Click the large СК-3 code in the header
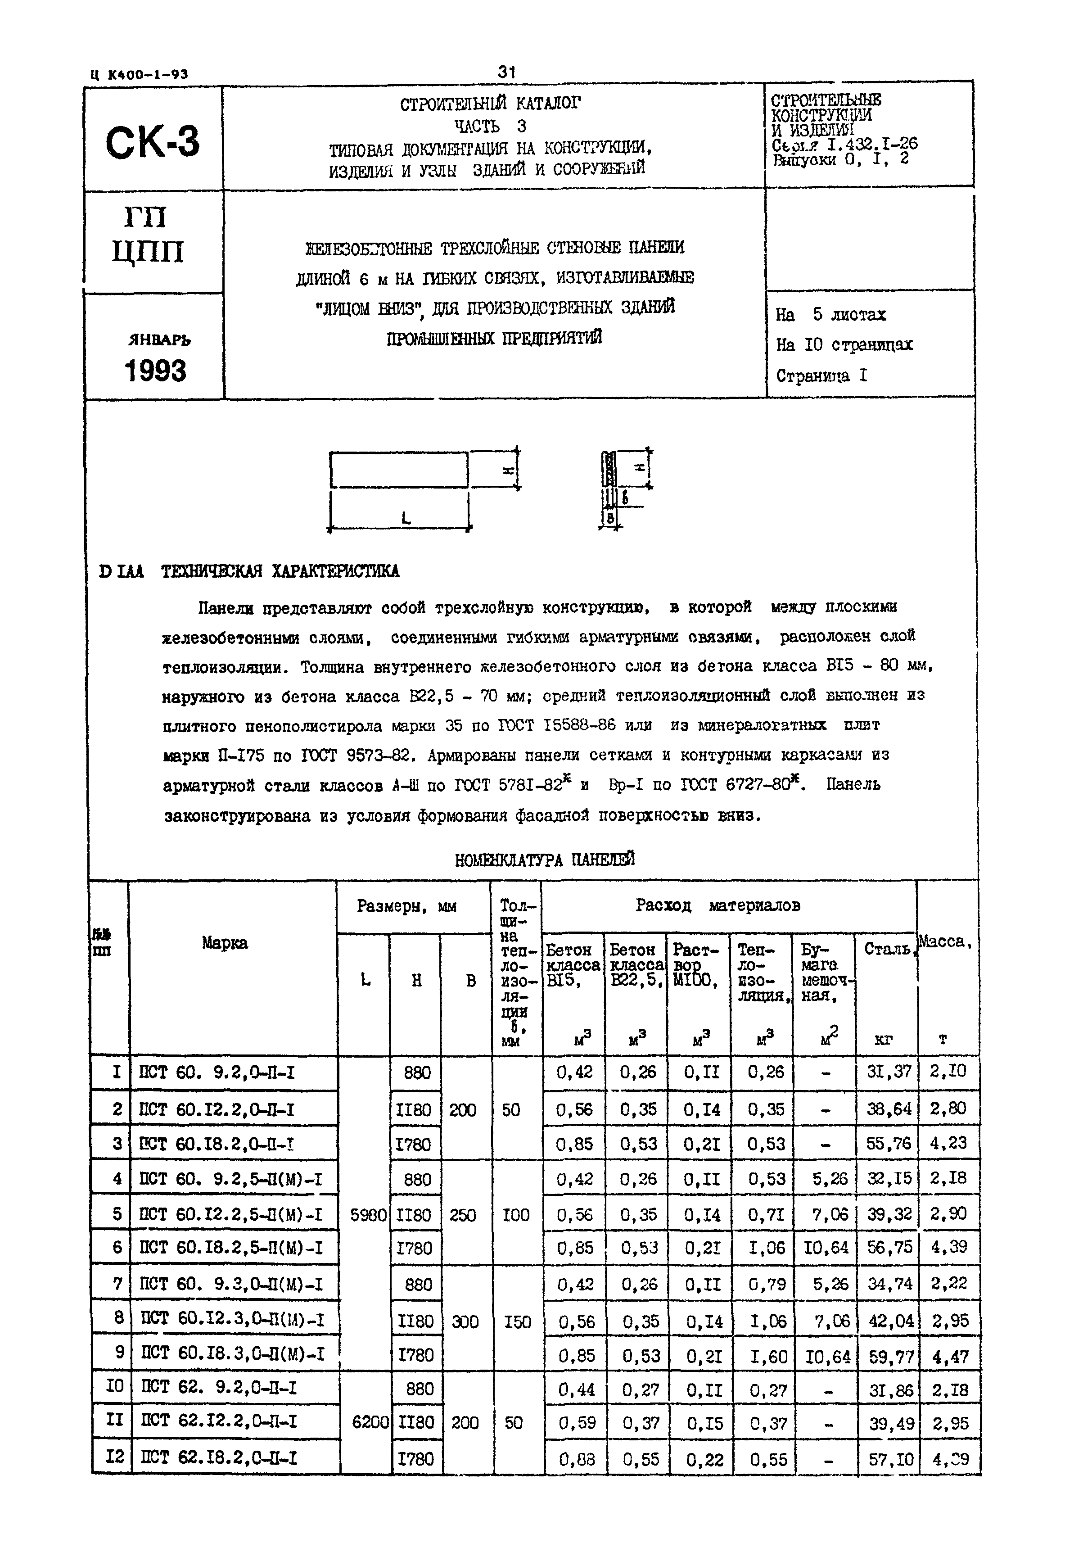click(x=152, y=143)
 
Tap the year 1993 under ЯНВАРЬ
click(x=155, y=371)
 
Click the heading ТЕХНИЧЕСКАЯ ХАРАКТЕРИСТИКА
click(x=280, y=571)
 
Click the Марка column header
click(x=225, y=943)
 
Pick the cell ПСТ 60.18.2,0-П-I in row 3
click(x=217, y=1144)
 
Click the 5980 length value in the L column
click(x=368, y=1215)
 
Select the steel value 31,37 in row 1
click(x=888, y=1072)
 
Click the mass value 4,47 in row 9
click(x=949, y=1357)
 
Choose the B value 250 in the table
click(x=462, y=1215)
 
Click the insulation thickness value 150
click(x=517, y=1321)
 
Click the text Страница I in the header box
click(x=821, y=376)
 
